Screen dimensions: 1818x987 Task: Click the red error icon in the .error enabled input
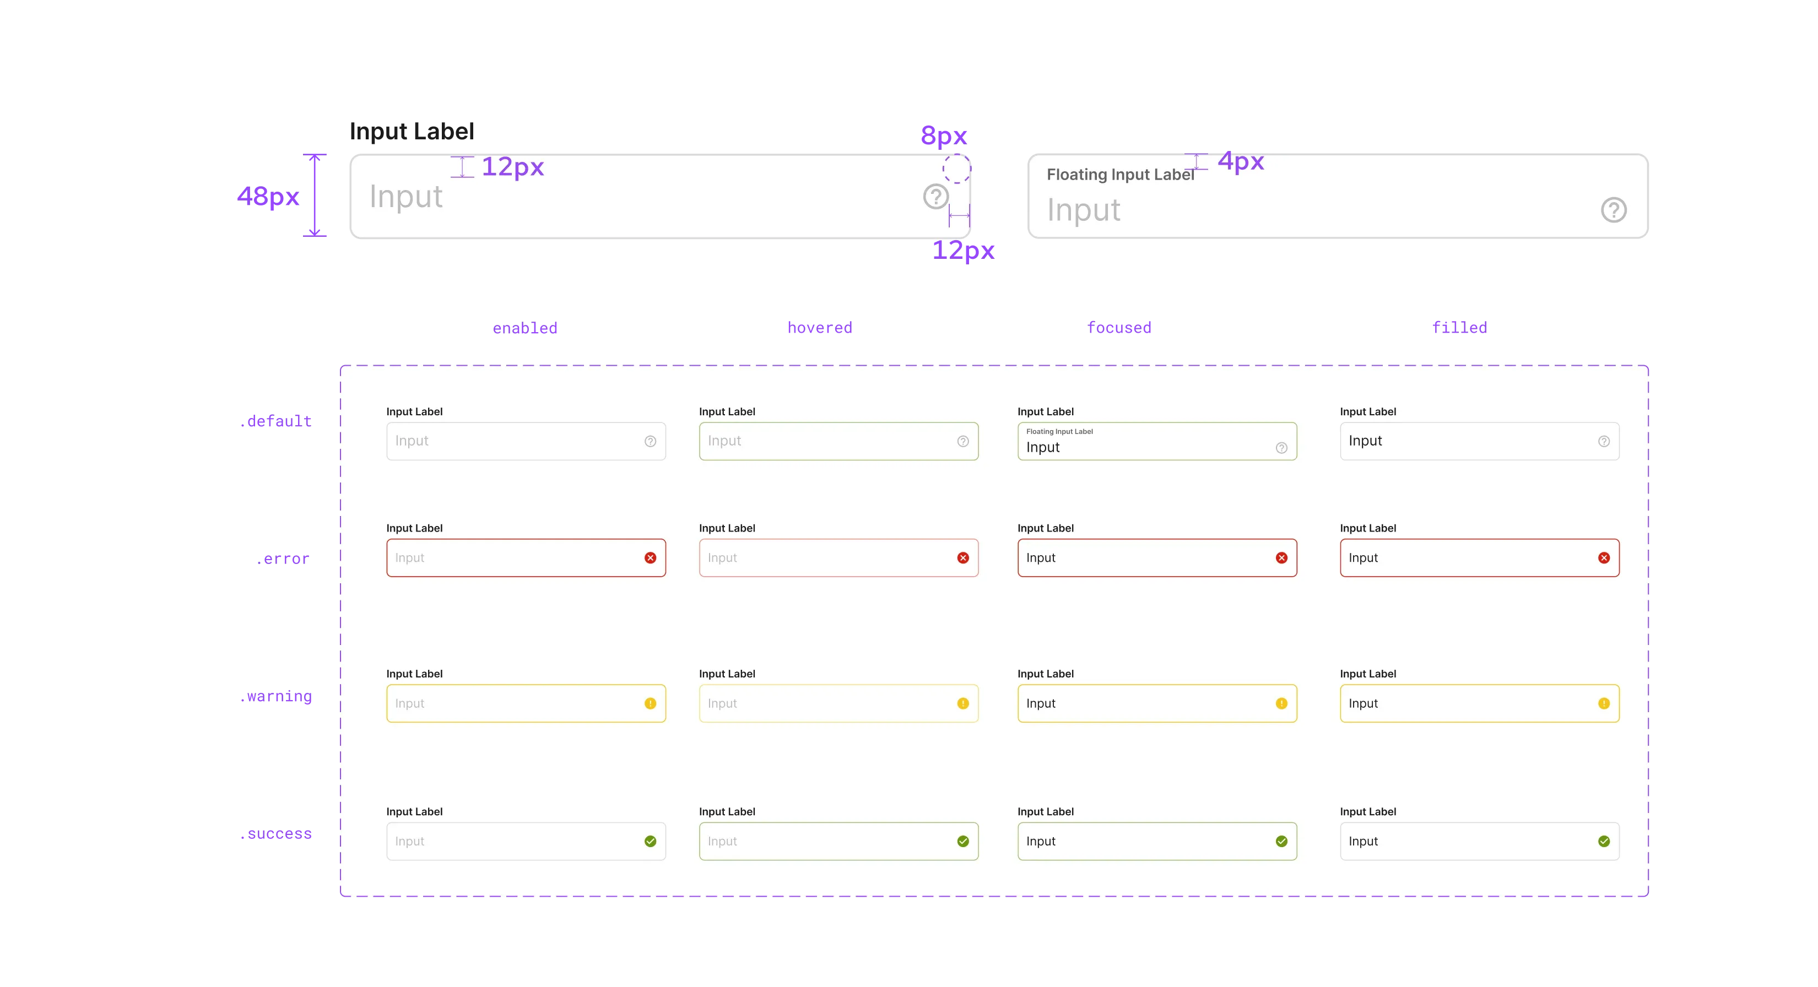point(650,558)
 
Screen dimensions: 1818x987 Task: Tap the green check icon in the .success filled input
point(1604,841)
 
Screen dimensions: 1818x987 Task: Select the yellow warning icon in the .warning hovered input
point(962,703)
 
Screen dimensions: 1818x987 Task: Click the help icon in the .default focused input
point(1281,448)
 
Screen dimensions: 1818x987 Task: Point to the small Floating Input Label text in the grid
point(1059,432)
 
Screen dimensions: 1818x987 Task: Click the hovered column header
point(819,327)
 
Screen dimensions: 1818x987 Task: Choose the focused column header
point(1120,327)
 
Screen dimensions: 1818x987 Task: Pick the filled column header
point(1460,327)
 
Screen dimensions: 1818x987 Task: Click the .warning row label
point(276,698)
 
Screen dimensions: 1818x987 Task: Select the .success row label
point(276,834)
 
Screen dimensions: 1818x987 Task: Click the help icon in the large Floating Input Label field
point(1613,210)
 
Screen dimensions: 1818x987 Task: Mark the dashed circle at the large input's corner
point(956,169)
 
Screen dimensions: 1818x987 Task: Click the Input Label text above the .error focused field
point(1045,528)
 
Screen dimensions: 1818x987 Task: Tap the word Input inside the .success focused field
point(1040,841)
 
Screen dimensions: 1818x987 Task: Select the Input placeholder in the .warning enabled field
point(409,703)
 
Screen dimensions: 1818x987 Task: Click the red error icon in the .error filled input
point(1604,558)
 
